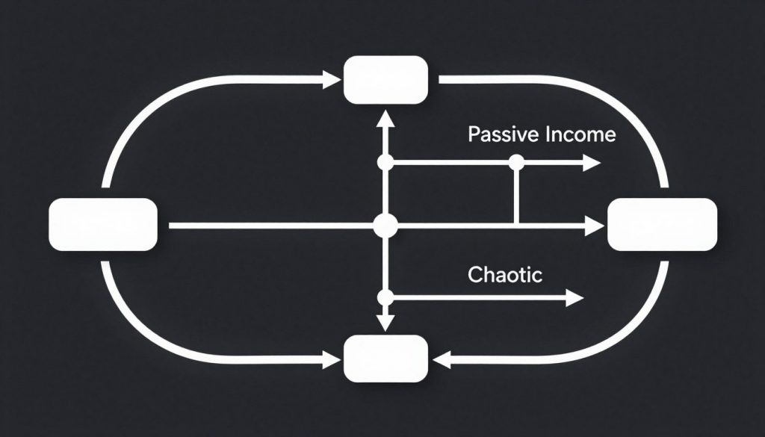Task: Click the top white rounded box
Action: point(385,80)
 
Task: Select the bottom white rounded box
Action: point(385,359)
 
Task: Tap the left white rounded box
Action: point(103,224)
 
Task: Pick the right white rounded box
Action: point(663,224)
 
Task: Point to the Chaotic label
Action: point(505,274)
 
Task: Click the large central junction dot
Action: point(385,224)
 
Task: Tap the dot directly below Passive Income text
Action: point(515,162)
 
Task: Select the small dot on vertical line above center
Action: point(385,162)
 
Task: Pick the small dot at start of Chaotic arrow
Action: point(385,297)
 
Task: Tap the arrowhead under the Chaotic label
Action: point(573,297)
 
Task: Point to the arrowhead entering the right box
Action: point(595,224)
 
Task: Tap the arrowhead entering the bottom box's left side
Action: point(331,361)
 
